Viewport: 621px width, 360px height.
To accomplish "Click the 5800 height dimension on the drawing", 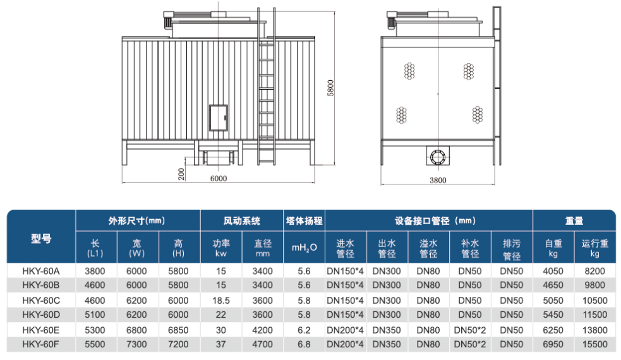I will [330, 88].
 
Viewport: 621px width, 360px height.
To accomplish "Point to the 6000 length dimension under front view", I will [218, 178].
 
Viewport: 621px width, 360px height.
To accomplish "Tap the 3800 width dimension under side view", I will [437, 180].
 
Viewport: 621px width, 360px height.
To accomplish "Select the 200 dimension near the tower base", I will [182, 174].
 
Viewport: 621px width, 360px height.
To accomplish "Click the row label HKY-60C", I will [40, 300].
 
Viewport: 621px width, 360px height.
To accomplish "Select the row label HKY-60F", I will [40, 344].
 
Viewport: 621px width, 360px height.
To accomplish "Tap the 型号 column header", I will [40, 239].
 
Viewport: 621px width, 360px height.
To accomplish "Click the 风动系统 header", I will [241, 221].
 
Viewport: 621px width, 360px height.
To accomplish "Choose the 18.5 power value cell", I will [221, 300].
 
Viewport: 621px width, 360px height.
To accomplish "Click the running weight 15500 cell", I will [594, 344].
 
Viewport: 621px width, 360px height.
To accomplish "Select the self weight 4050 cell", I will [553, 270].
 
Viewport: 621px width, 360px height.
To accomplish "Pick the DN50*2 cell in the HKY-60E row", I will [469, 330].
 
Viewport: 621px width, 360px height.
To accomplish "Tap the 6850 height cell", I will [179, 330].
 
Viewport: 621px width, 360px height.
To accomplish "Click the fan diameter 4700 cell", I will [263, 344].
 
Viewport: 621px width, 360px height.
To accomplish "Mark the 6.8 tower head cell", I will [304, 344].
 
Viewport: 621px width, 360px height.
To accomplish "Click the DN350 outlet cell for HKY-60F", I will [387, 344].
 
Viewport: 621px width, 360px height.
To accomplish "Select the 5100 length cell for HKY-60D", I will [96, 315].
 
